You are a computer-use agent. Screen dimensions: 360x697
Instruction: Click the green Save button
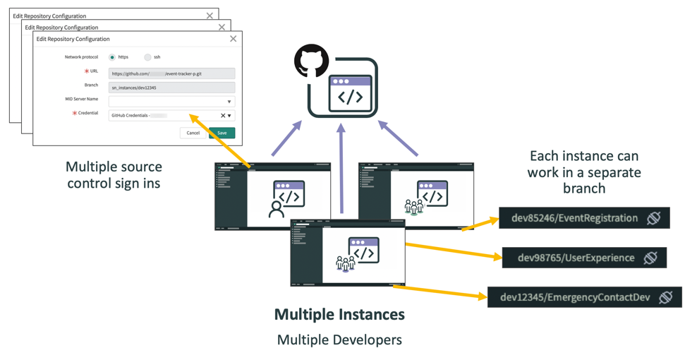pyautogui.click(x=222, y=133)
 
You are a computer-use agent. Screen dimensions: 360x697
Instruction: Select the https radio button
pyautogui.click(x=112, y=57)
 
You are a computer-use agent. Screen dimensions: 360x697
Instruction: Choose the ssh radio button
pyautogui.click(x=147, y=57)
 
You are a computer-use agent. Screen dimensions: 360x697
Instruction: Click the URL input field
pyautogui.click(x=171, y=73)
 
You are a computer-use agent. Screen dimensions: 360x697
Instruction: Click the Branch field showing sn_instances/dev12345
pyautogui.click(x=171, y=88)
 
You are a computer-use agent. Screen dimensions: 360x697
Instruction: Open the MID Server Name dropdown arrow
pyautogui.click(x=229, y=102)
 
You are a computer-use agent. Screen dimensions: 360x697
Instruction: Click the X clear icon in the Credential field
pyautogui.click(x=222, y=116)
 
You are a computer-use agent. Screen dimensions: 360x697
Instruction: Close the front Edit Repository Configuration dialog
pyautogui.click(x=234, y=39)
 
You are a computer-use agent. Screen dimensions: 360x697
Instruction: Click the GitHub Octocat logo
pyautogui.click(x=311, y=61)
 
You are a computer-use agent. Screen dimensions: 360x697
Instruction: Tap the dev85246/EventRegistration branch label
pyautogui.click(x=574, y=218)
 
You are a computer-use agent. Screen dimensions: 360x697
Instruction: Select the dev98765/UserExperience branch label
pyautogui.click(x=576, y=258)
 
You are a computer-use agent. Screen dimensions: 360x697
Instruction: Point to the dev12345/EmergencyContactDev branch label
pyautogui.click(x=575, y=297)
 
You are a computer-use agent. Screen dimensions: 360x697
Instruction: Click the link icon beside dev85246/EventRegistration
pyautogui.click(x=654, y=218)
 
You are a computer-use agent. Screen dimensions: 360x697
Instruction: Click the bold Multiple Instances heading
pyautogui.click(x=339, y=314)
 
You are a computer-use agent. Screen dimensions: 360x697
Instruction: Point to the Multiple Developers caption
pyautogui.click(x=339, y=340)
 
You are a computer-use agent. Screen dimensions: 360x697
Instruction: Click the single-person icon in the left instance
pyautogui.click(x=277, y=208)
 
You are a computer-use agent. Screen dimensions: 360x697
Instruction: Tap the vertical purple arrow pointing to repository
pyautogui.click(x=341, y=169)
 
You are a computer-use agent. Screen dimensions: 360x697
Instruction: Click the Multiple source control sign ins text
pyautogui.click(x=114, y=175)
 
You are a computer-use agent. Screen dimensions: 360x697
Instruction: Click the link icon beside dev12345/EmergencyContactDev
pyautogui.click(x=665, y=297)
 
